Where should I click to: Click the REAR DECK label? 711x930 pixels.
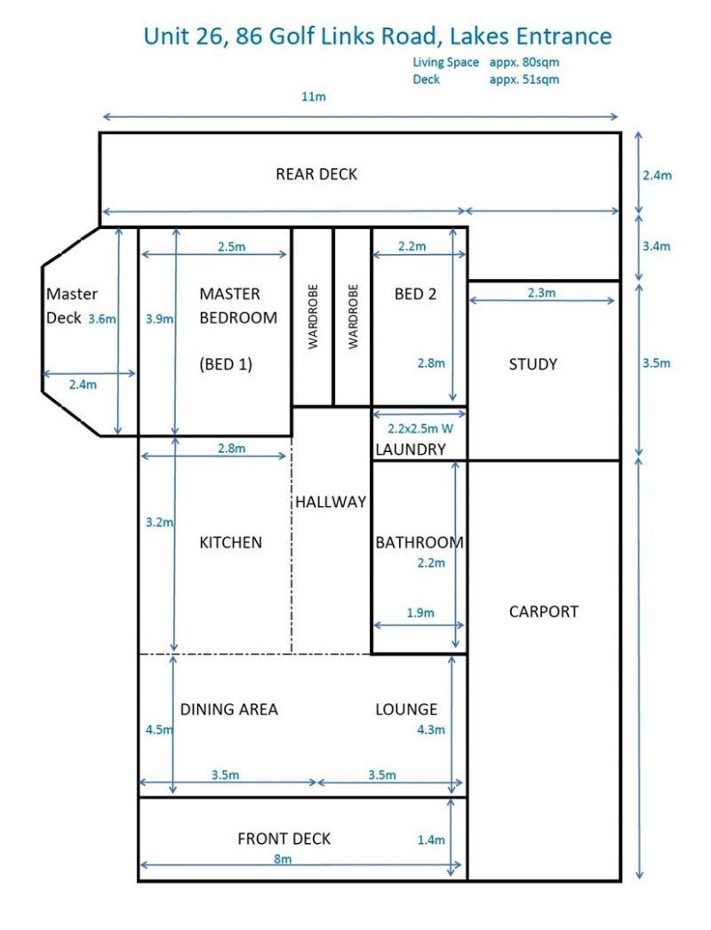click(x=316, y=174)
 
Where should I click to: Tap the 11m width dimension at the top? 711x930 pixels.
click(x=314, y=97)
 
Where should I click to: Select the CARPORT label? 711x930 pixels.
click(x=543, y=611)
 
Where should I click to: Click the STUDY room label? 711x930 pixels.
click(x=533, y=364)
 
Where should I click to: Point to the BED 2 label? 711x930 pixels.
click(x=416, y=294)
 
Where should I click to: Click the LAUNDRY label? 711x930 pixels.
click(x=410, y=449)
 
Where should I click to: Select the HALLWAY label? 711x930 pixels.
click(x=331, y=502)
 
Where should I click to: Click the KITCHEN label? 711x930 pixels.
click(x=231, y=542)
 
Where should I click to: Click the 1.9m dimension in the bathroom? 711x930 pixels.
click(x=420, y=612)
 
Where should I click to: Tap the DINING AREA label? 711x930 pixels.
click(x=229, y=709)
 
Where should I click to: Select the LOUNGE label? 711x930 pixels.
click(x=406, y=709)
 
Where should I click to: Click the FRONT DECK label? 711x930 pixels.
click(x=284, y=839)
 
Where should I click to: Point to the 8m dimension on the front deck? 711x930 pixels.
click(x=283, y=859)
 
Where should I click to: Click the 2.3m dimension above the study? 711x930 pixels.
click(x=541, y=292)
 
